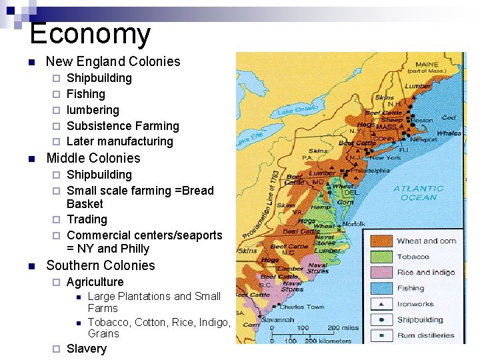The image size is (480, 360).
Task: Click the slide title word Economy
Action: (90, 33)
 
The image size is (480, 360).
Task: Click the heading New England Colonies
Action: (113, 61)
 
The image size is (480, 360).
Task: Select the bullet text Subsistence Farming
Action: (123, 125)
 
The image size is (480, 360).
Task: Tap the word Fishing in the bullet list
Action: (86, 94)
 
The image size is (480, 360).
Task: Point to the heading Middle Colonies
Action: (93, 158)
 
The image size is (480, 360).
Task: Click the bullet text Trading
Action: (87, 219)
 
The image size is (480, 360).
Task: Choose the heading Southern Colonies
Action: (100, 265)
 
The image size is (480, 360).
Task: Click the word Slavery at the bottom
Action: (87, 349)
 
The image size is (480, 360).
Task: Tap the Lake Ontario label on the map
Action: (297, 109)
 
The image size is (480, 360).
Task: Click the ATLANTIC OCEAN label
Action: (419, 193)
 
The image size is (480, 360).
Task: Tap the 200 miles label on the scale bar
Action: (344, 328)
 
